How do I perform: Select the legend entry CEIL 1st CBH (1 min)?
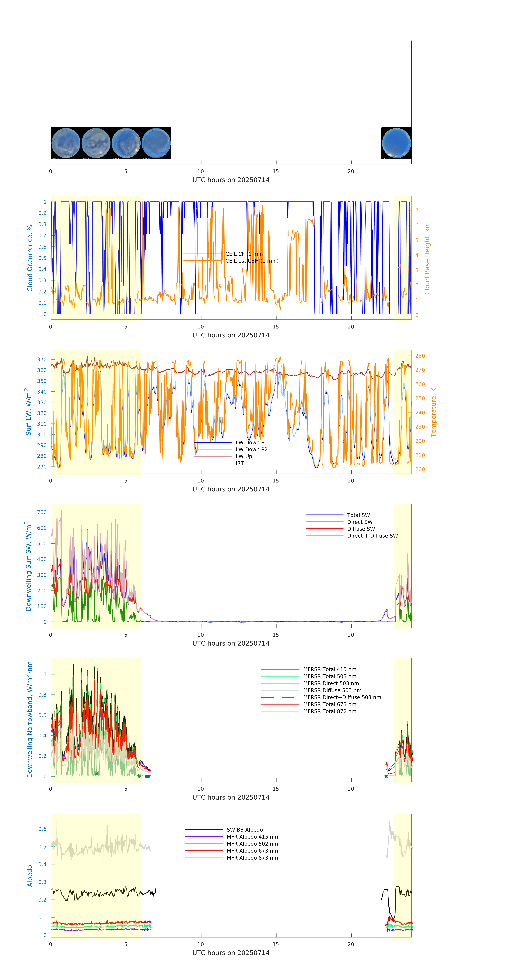point(252,261)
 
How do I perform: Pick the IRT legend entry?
point(240,463)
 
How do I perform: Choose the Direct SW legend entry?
point(359,522)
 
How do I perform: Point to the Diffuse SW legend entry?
point(361,529)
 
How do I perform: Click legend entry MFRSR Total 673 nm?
point(330,704)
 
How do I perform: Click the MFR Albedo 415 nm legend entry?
point(252,837)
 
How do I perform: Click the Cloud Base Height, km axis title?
point(427,259)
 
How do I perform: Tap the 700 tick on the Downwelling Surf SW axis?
point(42,512)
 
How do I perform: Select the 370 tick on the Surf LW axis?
point(42,359)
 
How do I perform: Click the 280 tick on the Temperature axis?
point(420,356)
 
